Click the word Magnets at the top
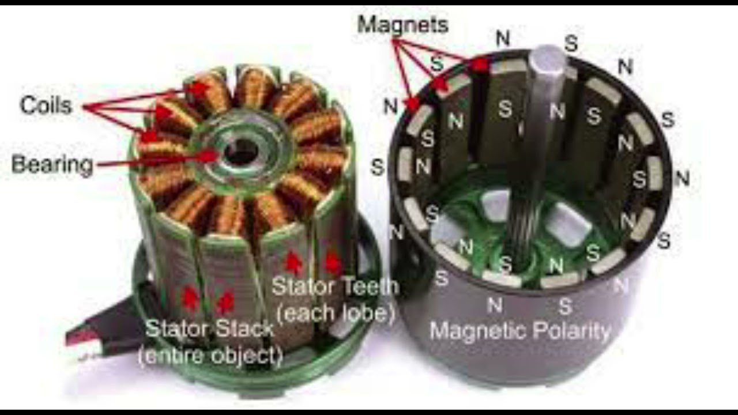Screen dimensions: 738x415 click(x=402, y=25)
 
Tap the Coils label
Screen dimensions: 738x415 click(x=46, y=105)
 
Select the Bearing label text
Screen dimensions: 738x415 click(x=52, y=165)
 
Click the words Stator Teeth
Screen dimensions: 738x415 click(x=335, y=286)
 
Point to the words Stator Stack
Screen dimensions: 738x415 click(x=209, y=329)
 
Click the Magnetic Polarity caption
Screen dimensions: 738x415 click(x=520, y=331)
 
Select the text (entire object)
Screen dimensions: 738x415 click(x=210, y=356)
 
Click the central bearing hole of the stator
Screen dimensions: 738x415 click(x=241, y=151)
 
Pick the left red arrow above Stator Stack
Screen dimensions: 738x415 click(x=190, y=299)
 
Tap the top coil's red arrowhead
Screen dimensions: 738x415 click(x=199, y=88)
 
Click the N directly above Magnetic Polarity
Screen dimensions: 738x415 click(x=494, y=305)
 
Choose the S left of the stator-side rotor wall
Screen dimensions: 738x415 click(x=377, y=167)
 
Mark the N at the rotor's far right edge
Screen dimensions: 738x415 click(x=682, y=178)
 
